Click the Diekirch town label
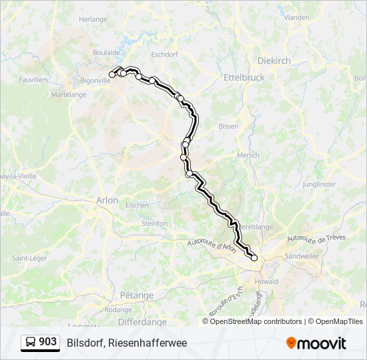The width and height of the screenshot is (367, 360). click(274, 60)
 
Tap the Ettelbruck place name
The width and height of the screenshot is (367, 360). click(244, 77)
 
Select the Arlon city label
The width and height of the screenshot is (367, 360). click(107, 200)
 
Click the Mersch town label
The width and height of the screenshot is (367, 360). click(248, 155)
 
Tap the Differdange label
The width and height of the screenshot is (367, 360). click(142, 322)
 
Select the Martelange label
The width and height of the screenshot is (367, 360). click(69, 95)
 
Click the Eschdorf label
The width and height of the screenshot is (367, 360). click(164, 55)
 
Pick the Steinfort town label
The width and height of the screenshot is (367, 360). click(155, 224)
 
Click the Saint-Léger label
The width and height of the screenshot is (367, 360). click(29, 258)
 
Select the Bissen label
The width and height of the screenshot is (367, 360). click(228, 126)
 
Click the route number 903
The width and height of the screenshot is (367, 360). click(47, 342)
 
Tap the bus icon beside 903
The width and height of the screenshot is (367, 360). click(31, 343)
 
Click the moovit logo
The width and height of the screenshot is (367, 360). click(316, 343)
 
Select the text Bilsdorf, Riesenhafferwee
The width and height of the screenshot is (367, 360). click(127, 343)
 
